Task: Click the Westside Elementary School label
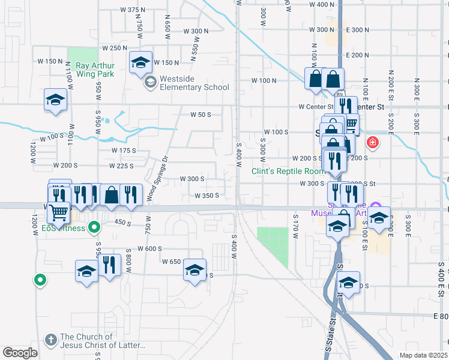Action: (193, 87)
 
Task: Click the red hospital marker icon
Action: (373, 143)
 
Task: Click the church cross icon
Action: (51, 340)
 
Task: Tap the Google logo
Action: (20, 353)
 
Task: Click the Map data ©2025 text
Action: (424, 355)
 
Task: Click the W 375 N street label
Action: (133, 10)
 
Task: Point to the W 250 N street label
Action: (115, 48)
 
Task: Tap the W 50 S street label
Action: (201, 115)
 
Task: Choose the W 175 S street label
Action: (124, 151)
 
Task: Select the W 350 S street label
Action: (206, 195)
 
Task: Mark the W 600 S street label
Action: (150, 248)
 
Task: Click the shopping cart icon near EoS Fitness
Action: (58, 212)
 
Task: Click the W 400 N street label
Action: (321, 5)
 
